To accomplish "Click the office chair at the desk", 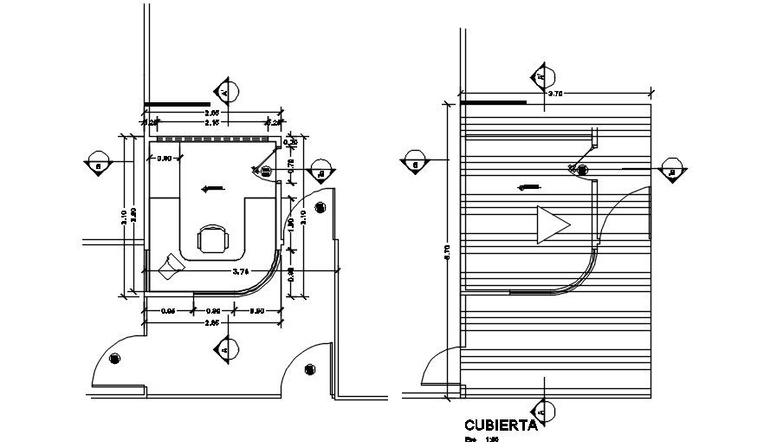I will coord(212,238).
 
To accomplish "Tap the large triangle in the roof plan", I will coord(551,225).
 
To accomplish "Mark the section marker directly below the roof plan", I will coord(542,409).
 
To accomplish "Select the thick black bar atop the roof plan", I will coord(493,102).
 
